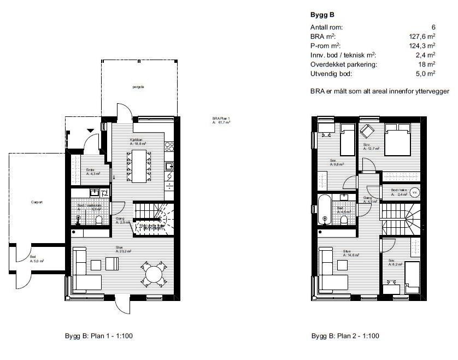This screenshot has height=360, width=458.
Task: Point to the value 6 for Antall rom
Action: coord(433,27)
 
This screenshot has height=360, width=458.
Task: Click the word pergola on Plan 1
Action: coord(138,87)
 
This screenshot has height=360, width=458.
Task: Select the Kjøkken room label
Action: coord(137,141)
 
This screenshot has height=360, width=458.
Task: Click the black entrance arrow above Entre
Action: coord(90,129)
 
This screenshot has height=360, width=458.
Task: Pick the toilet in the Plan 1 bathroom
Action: coord(98,220)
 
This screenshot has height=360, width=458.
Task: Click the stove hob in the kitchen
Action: coord(169,146)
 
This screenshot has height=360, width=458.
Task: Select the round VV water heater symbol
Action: coord(415,192)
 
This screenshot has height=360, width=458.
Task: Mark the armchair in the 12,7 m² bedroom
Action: coord(366,132)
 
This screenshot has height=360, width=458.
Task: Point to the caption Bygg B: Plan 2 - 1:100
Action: coord(345,336)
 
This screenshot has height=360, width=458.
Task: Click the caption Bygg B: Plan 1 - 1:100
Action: coord(98,336)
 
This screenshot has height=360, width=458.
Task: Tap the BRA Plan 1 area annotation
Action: coord(221,121)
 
